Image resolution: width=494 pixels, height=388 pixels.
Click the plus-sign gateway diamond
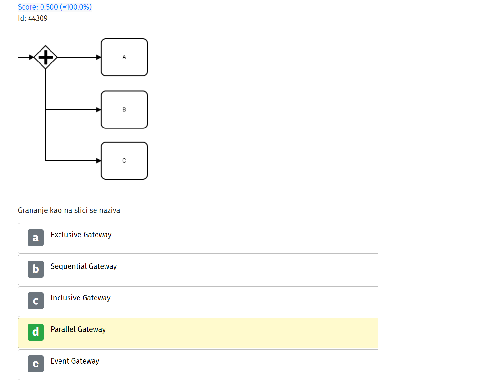click(x=45, y=57)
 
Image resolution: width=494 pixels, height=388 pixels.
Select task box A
click(x=124, y=57)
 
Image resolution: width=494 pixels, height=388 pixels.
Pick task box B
click(x=124, y=110)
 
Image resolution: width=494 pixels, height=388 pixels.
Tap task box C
click(x=124, y=161)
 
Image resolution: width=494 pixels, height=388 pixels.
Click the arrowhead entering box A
click(x=98, y=57)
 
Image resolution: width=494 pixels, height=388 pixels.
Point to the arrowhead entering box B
click(x=98, y=110)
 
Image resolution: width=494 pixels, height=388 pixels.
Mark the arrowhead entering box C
click(x=98, y=161)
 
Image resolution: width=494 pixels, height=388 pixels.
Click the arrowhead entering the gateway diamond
click(x=32, y=57)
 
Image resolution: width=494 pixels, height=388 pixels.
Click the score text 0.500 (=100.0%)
click(x=66, y=7)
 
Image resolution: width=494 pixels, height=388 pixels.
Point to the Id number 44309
click(x=38, y=18)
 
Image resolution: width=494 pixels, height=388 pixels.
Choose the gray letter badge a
click(x=36, y=238)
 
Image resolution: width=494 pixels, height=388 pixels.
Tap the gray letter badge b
click(x=36, y=269)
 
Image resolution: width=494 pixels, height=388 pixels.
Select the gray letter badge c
click(x=36, y=301)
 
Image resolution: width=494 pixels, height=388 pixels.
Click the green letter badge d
click(x=36, y=332)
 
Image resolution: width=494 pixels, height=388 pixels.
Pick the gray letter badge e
click(x=36, y=364)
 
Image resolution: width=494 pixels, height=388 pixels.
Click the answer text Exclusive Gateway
click(x=81, y=235)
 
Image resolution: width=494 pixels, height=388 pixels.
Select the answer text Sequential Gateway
click(x=84, y=266)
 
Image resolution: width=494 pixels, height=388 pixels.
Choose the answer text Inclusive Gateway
click(x=81, y=298)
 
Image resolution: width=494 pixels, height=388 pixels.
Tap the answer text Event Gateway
click(x=75, y=361)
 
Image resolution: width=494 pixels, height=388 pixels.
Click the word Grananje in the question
click(x=33, y=211)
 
